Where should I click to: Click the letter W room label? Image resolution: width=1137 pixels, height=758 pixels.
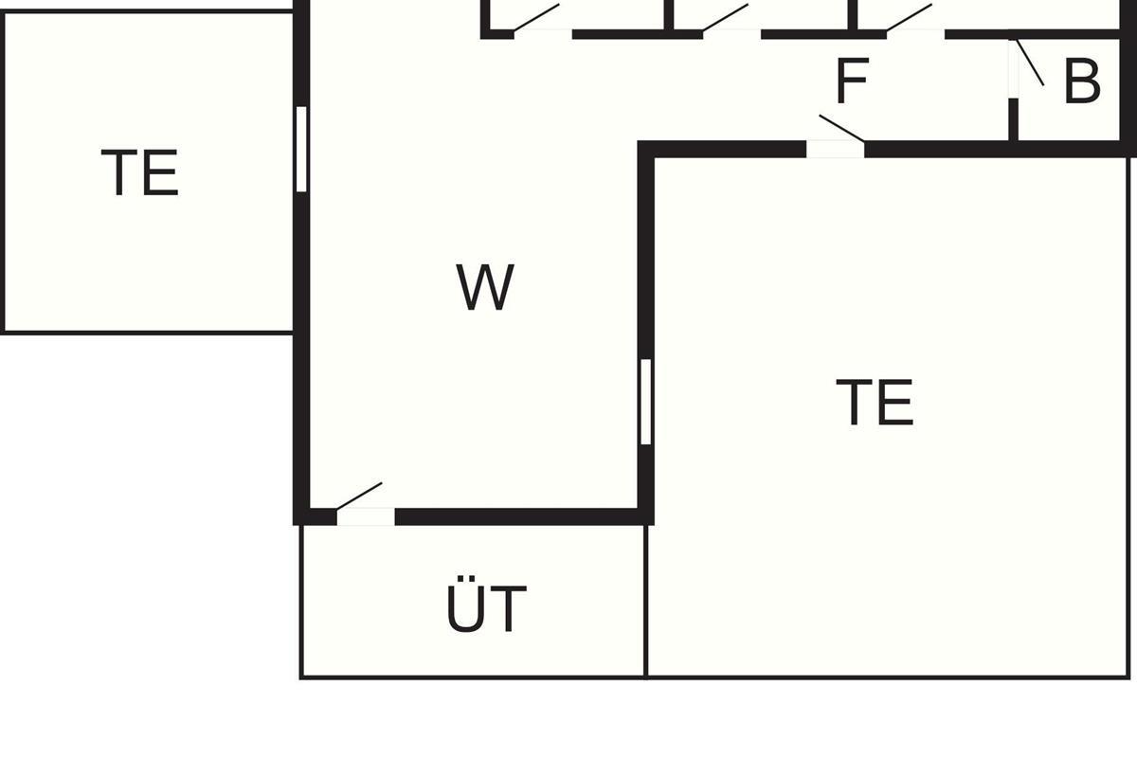(x=485, y=287)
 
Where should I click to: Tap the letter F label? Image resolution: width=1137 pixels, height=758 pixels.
(x=852, y=81)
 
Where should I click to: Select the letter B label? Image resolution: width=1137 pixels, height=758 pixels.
(x=1082, y=81)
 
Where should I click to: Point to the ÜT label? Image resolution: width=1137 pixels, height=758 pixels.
(x=486, y=605)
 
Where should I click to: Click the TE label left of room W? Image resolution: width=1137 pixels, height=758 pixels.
(x=140, y=172)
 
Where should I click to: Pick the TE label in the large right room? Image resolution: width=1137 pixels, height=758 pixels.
(x=875, y=402)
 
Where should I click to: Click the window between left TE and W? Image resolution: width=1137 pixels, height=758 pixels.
(x=301, y=149)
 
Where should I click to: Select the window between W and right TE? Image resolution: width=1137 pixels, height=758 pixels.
(x=645, y=402)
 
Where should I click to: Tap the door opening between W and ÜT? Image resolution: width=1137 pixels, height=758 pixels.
(x=366, y=516)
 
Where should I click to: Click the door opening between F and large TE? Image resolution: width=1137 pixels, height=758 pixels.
(x=836, y=150)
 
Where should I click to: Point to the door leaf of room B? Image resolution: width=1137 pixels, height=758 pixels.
(x=1030, y=62)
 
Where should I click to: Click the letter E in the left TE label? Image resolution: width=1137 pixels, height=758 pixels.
(x=161, y=172)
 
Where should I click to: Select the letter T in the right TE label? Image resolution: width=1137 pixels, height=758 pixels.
(x=855, y=402)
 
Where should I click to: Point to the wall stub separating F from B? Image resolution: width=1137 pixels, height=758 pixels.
(x=1013, y=119)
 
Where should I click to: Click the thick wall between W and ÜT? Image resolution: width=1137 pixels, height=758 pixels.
(x=516, y=516)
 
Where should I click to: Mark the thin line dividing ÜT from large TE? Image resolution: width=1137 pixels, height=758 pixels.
(x=645, y=602)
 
